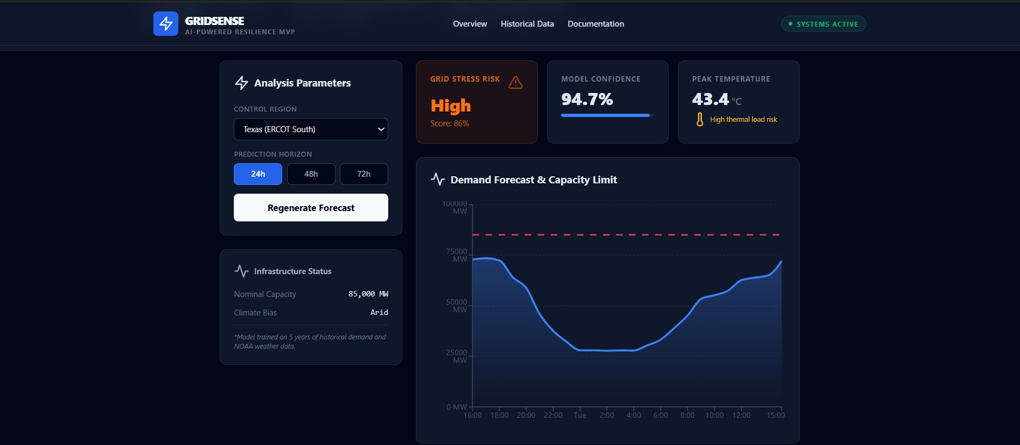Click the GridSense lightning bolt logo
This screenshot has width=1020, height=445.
coord(166,24)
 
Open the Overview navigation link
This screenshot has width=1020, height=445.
coord(470,24)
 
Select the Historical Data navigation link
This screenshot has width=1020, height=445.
coord(527,24)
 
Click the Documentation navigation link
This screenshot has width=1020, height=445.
coord(595,24)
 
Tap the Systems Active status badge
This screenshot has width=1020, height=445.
coord(823,24)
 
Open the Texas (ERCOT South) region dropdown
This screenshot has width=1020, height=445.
coord(310,129)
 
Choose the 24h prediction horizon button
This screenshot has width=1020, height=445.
coord(258,174)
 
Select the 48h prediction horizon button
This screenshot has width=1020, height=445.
coord(310,174)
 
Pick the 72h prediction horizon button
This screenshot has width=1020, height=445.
coord(364,174)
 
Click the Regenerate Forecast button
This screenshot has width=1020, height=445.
coord(310,208)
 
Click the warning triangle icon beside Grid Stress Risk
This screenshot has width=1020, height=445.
coord(515,83)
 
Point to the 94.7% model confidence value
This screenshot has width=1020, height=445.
coord(587,99)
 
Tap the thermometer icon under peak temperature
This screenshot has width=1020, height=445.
coord(700,119)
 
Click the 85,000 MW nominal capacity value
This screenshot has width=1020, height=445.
coord(368,294)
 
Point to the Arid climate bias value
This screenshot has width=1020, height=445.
coord(379,312)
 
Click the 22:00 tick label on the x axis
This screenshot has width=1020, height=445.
coord(553,415)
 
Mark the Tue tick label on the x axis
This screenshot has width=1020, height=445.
coord(580,415)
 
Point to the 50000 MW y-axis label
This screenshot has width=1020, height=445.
coord(457,306)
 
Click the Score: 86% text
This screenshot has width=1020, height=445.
coord(449,123)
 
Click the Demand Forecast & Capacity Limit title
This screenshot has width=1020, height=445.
coord(533,180)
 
